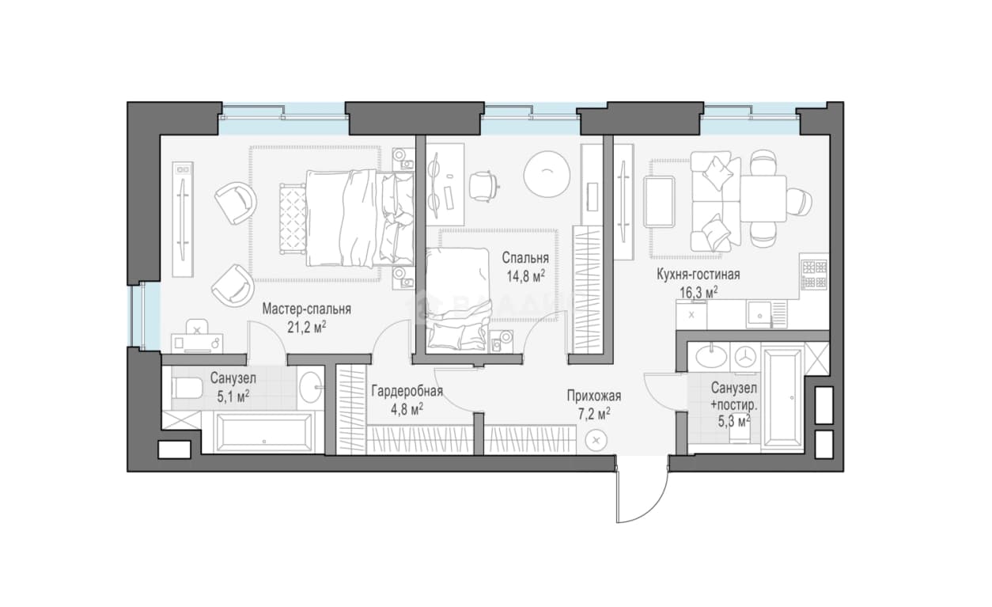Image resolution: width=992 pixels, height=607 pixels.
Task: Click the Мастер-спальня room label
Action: click(306, 309)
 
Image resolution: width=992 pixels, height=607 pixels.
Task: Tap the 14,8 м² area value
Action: click(526, 276)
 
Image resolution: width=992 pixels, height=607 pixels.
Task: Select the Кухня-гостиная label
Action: click(698, 275)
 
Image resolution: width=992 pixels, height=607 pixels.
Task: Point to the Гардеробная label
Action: click(407, 391)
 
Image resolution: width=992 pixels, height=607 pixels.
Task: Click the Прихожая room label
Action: click(594, 396)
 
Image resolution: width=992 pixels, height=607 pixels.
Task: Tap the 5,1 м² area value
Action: click(233, 396)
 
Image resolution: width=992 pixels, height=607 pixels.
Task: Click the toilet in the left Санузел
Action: click(187, 389)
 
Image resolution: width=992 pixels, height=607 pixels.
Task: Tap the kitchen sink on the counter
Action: click(760, 314)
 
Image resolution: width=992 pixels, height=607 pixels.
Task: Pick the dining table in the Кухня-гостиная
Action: click(763, 199)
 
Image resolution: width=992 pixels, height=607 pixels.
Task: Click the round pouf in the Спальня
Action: click(547, 174)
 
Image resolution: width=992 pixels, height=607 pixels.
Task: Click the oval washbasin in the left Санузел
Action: click(312, 387)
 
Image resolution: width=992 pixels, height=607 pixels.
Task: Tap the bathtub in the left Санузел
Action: click(262, 433)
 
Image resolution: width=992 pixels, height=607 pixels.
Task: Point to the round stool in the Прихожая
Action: click(596, 440)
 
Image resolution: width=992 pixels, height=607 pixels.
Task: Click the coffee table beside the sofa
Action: click(659, 202)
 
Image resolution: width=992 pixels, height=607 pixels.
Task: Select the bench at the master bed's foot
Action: click(292, 219)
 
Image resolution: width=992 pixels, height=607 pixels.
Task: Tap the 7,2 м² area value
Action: click(594, 414)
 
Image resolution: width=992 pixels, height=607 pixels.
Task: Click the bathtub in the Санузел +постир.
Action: click(783, 397)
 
